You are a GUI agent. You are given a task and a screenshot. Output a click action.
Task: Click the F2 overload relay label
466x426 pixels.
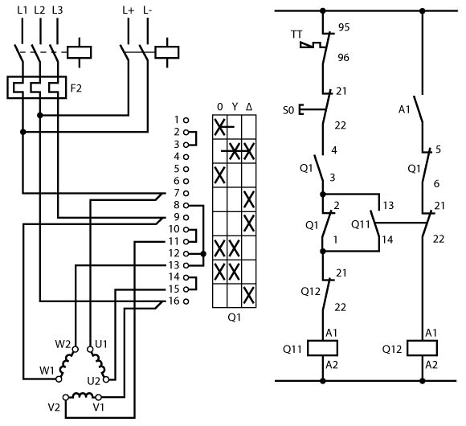coord(76,88)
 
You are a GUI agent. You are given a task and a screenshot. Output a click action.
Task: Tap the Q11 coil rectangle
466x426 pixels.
coord(322,348)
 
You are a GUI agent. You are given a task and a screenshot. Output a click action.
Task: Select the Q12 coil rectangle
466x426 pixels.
coord(422,348)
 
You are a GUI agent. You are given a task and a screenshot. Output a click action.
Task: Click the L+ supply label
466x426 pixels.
coord(128,10)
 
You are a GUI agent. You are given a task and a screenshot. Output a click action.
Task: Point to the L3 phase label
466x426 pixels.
coord(57,10)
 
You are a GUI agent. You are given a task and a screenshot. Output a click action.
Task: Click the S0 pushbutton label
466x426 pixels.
coord(288,110)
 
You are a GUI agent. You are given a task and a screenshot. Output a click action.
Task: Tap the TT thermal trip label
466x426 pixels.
coord(296,35)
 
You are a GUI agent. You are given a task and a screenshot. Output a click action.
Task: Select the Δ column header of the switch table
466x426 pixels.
coord(249,107)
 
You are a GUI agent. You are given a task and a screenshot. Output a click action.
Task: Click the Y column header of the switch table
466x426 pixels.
coord(235,107)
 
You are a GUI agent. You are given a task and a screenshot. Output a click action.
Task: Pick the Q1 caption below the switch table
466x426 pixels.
coord(234,317)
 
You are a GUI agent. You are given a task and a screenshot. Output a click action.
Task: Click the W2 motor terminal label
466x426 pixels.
coord(63,344)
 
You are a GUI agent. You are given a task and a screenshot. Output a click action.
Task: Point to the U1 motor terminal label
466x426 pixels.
coord(101,344)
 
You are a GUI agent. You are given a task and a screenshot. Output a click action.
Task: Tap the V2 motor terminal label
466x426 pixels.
coord(54,407)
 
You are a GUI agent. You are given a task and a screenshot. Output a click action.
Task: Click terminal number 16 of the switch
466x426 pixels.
coord(174,301)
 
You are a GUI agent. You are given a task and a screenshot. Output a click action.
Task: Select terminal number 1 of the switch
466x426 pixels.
coord(177,120)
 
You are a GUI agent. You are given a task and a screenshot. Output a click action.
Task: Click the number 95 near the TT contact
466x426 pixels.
coord(344,27)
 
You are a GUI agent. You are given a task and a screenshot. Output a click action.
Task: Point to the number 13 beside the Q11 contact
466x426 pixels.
coord(388,205)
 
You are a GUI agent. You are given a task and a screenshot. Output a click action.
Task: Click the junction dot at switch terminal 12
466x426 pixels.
coord(203,254)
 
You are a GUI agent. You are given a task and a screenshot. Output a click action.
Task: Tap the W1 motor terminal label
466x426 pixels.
coord(47,371)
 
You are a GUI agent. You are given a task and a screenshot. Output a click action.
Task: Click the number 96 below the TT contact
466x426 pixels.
coord(343,57)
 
